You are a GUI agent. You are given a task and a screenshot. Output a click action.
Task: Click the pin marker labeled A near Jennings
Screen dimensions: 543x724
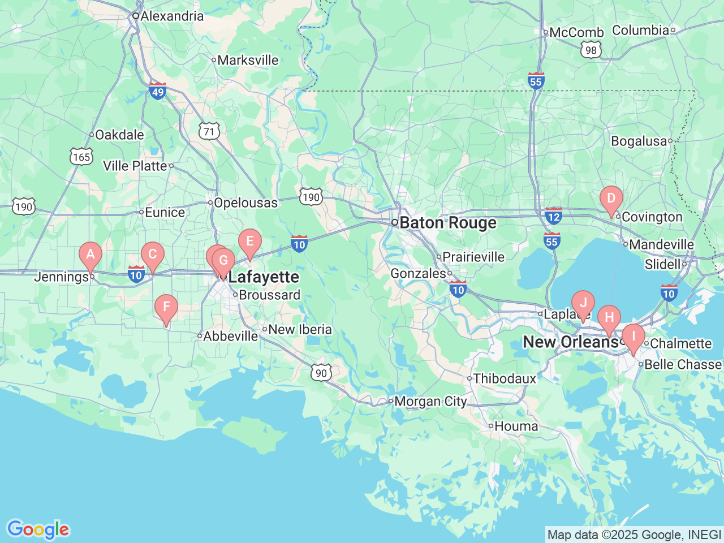(90, 255)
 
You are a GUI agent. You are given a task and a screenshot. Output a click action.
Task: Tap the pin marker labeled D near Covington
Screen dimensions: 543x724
(611, 199)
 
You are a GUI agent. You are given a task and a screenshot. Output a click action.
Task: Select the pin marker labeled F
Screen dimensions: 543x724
(166, 308)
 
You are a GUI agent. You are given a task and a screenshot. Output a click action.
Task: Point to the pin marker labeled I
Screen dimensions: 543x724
(633, 337)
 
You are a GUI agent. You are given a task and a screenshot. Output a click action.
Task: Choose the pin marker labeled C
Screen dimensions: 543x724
(152, 255)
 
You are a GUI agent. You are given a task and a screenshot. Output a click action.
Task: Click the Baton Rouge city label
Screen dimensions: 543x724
(447, 223)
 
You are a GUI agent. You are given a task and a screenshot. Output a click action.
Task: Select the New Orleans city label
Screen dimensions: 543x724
(570, 342)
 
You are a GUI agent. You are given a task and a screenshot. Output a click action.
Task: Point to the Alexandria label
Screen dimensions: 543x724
(171, 16)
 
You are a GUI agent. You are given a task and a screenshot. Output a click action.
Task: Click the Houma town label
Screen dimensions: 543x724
(516, 426)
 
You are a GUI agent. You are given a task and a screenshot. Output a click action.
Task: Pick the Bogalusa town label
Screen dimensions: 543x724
(639, 141)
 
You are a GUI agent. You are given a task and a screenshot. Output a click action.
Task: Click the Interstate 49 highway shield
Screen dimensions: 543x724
(158, 91)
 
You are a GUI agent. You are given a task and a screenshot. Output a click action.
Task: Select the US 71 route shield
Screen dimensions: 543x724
(209, 132)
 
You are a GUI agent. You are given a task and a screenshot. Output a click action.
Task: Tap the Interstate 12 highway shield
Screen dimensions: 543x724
(553, 216)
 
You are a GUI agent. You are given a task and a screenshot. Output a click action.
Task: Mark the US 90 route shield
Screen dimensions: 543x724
(321, 373)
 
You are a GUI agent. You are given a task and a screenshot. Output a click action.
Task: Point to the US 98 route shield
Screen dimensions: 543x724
(591, 50)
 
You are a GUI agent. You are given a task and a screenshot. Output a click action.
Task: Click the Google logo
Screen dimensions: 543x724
(38, 530)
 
